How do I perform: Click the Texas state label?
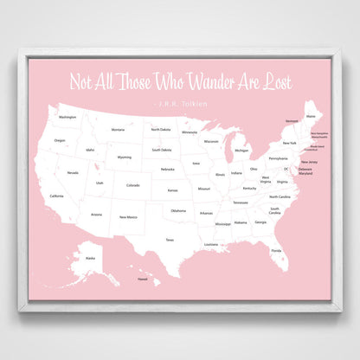click(170, 240)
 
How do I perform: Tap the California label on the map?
click(56, 196)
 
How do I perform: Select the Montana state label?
click(118, 131)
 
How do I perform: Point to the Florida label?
click(276, 250)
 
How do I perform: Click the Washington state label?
click(67, 117)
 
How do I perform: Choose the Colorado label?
click(132, 184)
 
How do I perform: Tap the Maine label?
click(311, 115)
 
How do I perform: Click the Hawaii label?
click(143, 280)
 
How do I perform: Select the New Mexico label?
click(128, 216)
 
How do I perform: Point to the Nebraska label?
click(168, 169)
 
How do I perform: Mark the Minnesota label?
click(189, 132)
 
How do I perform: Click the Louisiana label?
click(211, 244)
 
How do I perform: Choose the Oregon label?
click(60, 140)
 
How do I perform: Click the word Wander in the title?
click(202, 80)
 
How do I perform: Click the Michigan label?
click(241, 150)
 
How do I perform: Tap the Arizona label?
click(96, 214)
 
